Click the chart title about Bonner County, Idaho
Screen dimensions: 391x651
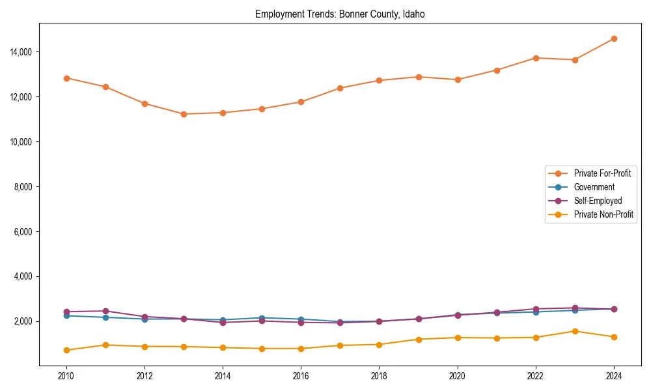pos(340,14)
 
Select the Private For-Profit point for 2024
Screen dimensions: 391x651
pos(614,38)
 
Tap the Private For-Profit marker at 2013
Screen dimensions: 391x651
pos(184,114)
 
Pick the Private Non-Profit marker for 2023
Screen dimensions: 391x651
pos(575,331)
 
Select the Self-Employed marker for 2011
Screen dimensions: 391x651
pos(105,311)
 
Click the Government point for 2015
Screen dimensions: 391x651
pos(262,318)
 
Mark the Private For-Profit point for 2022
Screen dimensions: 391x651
pos(536,58)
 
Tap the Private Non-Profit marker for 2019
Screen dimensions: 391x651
pos(419,340)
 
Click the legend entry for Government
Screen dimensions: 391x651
pos(594,187)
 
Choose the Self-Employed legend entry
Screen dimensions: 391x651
pos(598,201)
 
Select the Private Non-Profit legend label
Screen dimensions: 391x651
pos(603,214)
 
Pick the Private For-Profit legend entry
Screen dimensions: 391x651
pos(602,173)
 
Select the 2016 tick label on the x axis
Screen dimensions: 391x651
pos(301,376)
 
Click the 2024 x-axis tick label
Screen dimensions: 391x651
pos(614,376)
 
